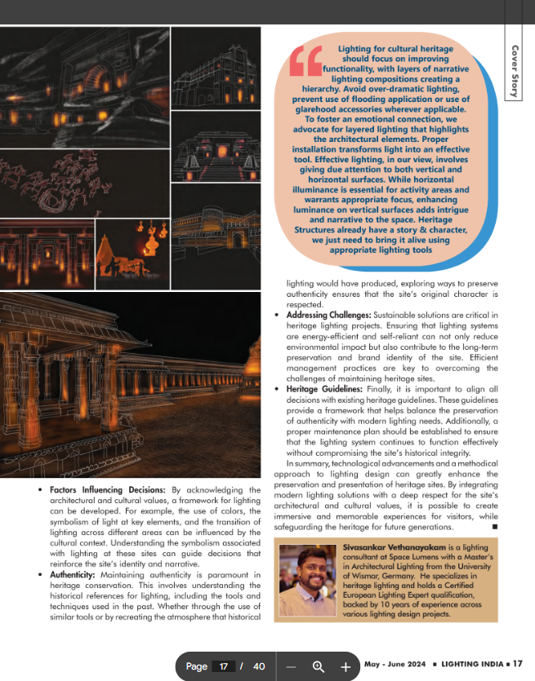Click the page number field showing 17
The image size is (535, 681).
(222, 666)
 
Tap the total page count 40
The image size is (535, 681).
(259, 666)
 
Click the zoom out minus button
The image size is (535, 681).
(292, 666)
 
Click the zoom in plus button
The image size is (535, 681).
(346, 666)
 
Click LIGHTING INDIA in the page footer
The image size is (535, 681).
(476, 666)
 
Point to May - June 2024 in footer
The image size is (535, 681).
(395, 666)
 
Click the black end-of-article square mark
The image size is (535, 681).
(496, 526)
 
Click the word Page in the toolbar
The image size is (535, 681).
(196, 666)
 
